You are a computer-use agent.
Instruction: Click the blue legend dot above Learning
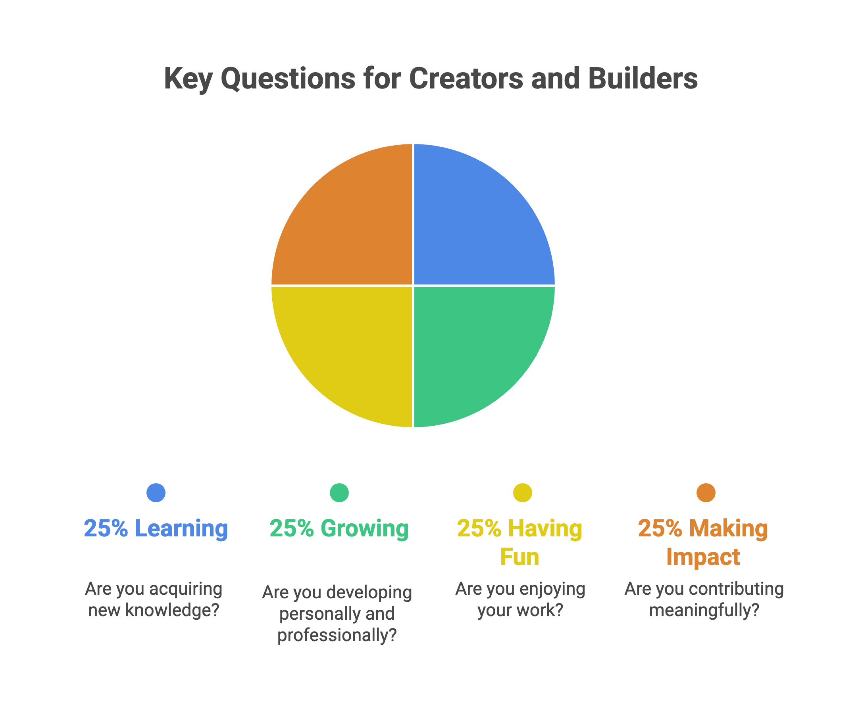coord(156,493)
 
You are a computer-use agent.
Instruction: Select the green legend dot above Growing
coord(339,493)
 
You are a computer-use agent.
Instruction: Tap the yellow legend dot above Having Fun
coord(523,493)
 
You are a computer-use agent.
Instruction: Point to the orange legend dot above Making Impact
coord(706,493)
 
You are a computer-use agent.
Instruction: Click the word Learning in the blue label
coord(181,528)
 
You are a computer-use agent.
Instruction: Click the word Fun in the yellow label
coord(520,557)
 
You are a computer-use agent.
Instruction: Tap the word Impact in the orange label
coord(703,557)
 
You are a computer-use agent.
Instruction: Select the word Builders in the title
coord(643,78)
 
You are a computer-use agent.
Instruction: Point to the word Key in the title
coord(188,79)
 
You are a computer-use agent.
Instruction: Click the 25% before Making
coord(660,528)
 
